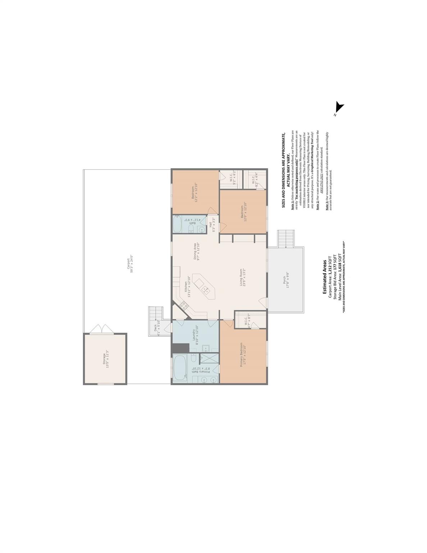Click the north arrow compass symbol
coord(339,108)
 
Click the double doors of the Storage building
coord(102,329)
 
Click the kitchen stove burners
coord(184,306)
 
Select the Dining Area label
coord(196,251)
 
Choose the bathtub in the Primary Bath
coord(180,367)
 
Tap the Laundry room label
coord(196,335)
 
